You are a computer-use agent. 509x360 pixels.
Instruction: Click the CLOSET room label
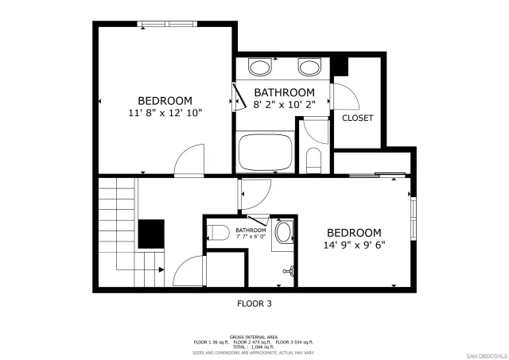(x=357, y=118)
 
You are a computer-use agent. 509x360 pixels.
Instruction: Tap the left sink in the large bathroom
(x=259, y=66)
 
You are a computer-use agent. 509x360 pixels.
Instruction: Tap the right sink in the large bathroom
(x=309, y=66)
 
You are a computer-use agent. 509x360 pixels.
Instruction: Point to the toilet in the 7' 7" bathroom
(x=217, y=233)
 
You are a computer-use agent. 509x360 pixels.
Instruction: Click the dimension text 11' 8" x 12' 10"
(x=165, y=113)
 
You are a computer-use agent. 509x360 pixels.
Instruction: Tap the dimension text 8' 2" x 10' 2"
(x=284, y=104)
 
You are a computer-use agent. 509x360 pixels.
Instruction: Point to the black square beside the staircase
(x=151, y=234)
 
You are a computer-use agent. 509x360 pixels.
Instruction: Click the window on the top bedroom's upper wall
(x=167, y=24)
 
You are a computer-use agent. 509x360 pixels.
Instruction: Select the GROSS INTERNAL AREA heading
(x=254, y=336)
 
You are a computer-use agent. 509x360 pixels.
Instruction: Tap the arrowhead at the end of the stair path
(x=161, y=269)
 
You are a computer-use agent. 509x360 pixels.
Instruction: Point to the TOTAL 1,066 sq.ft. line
(x=254, y=346)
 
